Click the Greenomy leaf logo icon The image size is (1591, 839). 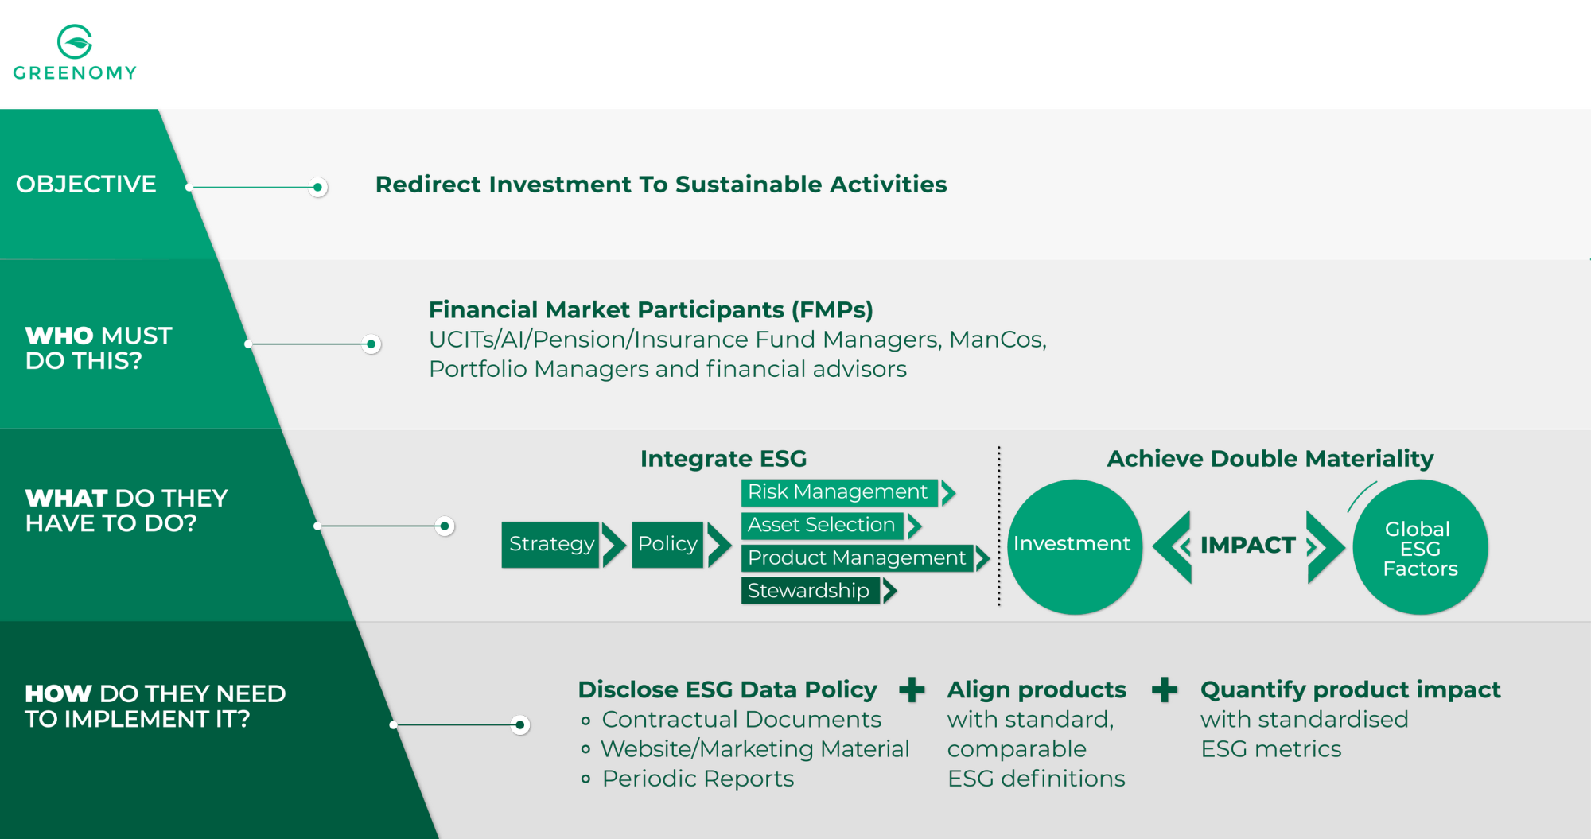pyautogui.click(x=75, y=41)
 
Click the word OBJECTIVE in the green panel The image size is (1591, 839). pyautogui.click(x=86, y=185)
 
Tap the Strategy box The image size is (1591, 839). pyautogui.click(x=550, y=544)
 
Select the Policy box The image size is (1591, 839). pyautogui.click(x=667, y=544)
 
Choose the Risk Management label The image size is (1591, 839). pyautogui.click(x=838, y=492)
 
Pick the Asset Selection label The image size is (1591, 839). pyautogui.click(x=822, y=525)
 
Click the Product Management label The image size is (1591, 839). pyautogui.click(x=857, y=558)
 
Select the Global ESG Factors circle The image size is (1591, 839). pyautogui.click(x=1420, y=547)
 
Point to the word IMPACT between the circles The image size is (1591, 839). pyautogui.click(x=1247, y=546)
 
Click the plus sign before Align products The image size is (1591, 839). pyautogui.click(x=912, y=689)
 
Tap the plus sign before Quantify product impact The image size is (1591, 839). pyautogui.click(x=1165, y=689)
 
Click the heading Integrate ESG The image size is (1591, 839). pyautogui.click(x=723, y=459)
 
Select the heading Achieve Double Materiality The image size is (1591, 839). pyautogui.click(x=1270, y=459)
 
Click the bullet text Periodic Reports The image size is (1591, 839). pyautogui.click(x=698, y=779)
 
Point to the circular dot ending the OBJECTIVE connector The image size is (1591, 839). pyautogui.click(x=317, y=188)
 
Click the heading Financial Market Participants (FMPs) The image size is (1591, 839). pyautogui.click(x=651, y=309)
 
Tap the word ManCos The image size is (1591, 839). pyautogui.click(x=998, y=340)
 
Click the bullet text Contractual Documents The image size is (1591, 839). pyautogui.click(x=741, y=720)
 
